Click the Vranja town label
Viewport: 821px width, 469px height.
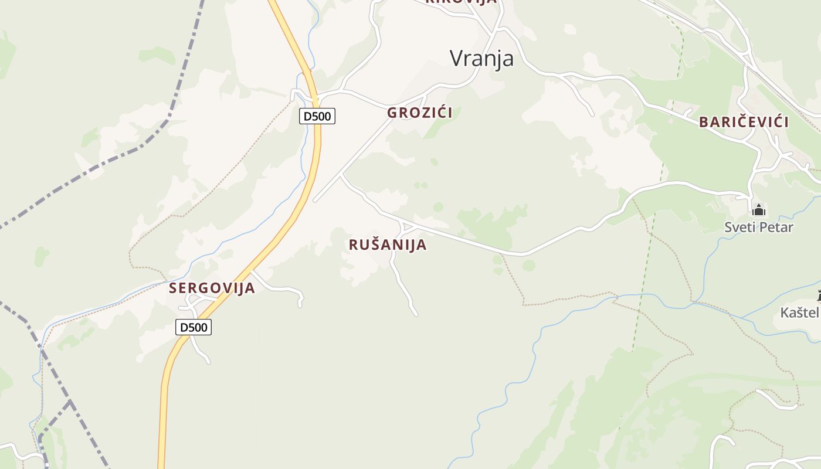pos(481,58)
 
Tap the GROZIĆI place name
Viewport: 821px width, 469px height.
pos(419,113)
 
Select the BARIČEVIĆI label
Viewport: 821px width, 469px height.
pos(744,122)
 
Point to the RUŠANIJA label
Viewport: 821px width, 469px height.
pos(388,244)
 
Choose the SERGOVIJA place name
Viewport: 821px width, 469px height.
pos(212,288)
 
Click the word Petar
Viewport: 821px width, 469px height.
pos(776,227)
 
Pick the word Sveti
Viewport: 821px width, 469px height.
pos(740,227)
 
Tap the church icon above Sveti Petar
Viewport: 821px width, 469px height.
pos(759,209)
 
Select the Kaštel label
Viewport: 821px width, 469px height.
pos(799,312)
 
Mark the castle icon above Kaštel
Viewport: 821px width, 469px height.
pos(819,295)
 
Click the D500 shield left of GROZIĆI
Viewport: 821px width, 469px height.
pos(317,116)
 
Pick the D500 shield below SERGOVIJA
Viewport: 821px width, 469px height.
pos(193,327)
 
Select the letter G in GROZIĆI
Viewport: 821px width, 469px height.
pos(392,113)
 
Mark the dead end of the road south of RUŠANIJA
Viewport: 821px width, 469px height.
pos(416,315)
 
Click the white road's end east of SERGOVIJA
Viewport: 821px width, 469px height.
pos(300,305)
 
